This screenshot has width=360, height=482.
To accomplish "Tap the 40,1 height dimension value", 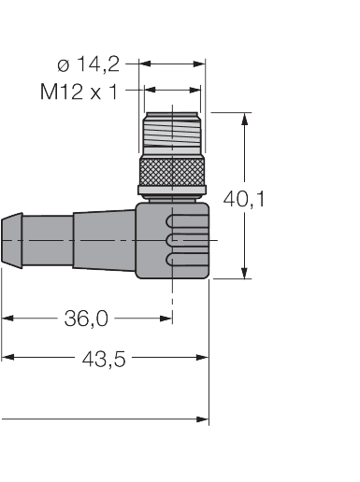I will (244, 198).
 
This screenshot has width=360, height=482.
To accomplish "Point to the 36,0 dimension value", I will (86, 319).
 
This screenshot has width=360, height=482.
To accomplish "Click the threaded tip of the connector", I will (172, 134).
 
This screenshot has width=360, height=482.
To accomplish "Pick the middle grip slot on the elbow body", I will (180, 241).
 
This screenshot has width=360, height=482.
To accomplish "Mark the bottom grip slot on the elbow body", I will (180, 257).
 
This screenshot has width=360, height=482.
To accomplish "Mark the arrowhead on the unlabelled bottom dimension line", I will (203, 420).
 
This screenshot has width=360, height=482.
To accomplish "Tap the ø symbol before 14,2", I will (63, 64).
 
